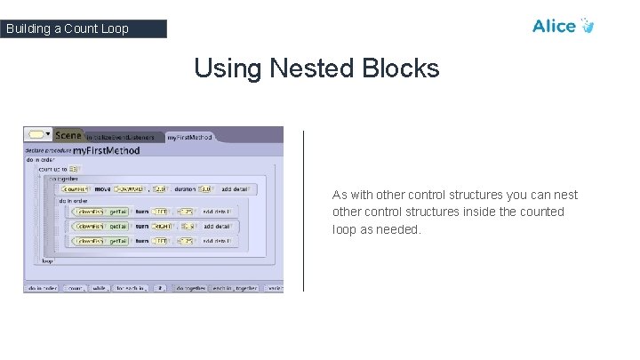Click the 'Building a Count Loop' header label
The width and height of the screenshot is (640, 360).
point(67,28)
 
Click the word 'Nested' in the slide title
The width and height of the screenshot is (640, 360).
point(310,68)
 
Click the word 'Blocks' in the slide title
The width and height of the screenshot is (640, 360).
point(401,68)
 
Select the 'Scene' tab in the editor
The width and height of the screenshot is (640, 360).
point(68,135)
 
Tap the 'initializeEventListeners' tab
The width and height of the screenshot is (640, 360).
point(121,137)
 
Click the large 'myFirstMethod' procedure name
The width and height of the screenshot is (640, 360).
point(106,151)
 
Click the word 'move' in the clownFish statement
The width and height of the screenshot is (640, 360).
point(103,188)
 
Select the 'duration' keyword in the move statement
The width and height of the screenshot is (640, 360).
point(183,188)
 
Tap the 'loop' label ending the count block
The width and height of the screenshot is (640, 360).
point(47,260)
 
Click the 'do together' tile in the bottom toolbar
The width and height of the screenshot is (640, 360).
point(192,288)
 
